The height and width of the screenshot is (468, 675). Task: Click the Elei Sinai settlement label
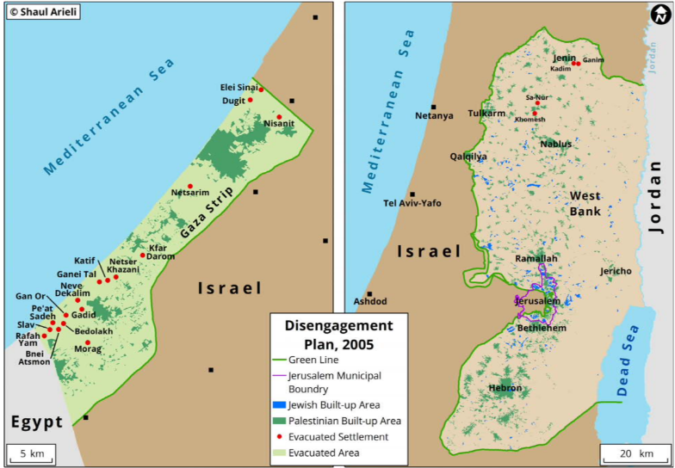point(238,87)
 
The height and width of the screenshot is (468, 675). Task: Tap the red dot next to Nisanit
point(279,117)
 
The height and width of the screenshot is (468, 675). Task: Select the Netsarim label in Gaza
point(190,193)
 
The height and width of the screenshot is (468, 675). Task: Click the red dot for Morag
point(88,342)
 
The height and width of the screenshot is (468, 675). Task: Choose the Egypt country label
point(37,422)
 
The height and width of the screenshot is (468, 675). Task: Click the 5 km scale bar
point(32,453)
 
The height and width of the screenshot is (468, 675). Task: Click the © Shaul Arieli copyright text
point(43,12)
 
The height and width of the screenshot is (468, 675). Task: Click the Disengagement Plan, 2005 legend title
point(338,333)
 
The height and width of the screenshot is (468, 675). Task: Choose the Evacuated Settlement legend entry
point(337,437)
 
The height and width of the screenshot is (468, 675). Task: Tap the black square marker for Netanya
point(434,107)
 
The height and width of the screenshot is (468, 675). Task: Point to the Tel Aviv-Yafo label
point(412,204)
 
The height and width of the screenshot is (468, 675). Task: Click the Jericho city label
point(616,271)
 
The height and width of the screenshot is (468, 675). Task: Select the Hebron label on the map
point(505,389)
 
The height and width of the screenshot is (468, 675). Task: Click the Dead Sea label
point(628,362)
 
